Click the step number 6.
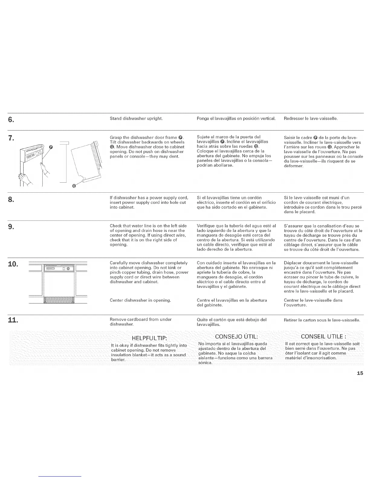pyautogui.click(x=10, y=120)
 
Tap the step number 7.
pyautogui.click(x=10, y=138)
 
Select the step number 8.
pyautogui.click(x=10, y=200)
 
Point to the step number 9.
pyautogui.click(x=10, y=227)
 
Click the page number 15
pyautogui.click(x=360, y=373)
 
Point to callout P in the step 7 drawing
pyautogui.click(x=51, y=147)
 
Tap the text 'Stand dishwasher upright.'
pyautogui.click(x=136, y=118)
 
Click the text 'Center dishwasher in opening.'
pyautogui.click(x=140, y=300)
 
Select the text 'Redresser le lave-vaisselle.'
pyautogui.click(x=310, y=118)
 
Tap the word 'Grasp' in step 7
pyautogui.click(x=115, y=137)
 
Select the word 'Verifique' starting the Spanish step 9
pyautogui.click(x=205, y=226)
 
